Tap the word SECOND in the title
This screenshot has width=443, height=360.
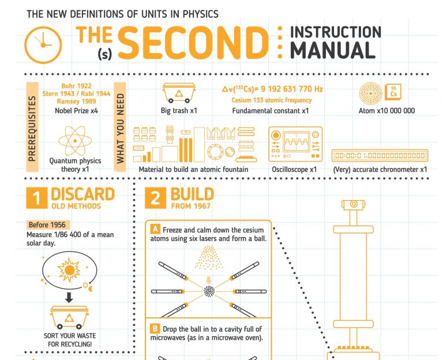point(193,43)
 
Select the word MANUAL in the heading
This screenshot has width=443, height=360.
point(333,50)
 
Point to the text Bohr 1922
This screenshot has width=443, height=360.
point(76,86)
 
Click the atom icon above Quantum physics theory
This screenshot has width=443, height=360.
point(75,141)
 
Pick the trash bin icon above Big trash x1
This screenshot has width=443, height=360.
point(179,93)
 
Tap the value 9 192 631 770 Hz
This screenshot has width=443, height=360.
point(291,89)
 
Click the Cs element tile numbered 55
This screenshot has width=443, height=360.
point(393,92)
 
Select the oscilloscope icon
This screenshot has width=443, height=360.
point(295,144)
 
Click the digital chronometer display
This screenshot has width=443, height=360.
point(380,155)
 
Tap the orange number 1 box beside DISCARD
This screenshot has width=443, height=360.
point(37,198)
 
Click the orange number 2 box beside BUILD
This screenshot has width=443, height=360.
point(155,198)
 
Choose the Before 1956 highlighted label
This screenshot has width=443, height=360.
point(47,225)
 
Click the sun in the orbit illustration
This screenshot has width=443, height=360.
point(69,270)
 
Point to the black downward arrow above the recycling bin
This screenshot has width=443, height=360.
point(69,297)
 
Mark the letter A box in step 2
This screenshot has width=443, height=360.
point(155,229)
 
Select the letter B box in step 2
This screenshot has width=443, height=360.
point(155,328)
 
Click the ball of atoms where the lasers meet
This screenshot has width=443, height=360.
point(209,291)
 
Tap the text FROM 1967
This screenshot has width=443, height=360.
point(191,206)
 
